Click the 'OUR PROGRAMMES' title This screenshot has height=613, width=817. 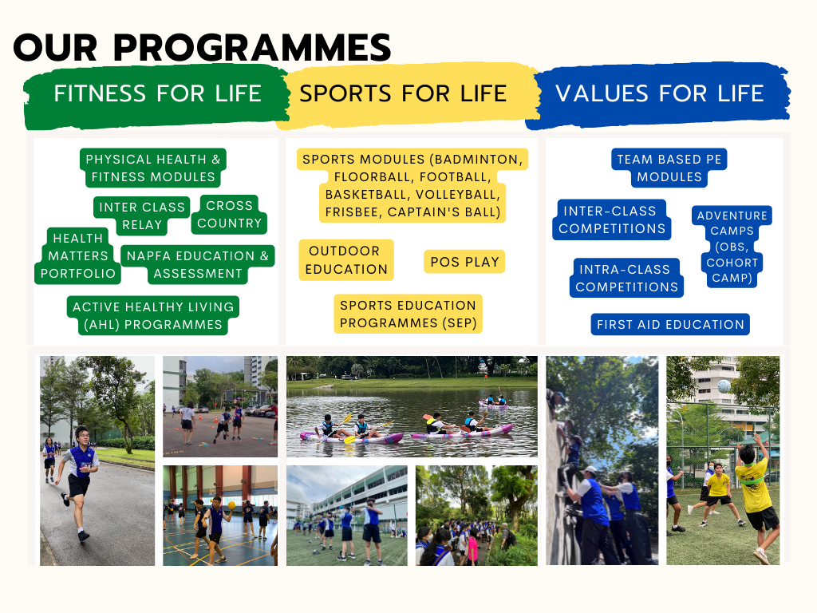click(x=202, y=47)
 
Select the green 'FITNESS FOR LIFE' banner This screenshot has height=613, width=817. click(x=157, y=97)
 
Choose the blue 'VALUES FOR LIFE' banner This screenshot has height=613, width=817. click(x=659, y=94)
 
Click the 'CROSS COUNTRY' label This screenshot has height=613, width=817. click(x=229, y=214)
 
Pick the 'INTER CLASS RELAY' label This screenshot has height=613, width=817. click(x=142, y=216)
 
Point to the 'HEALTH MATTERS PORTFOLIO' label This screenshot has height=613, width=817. click(x=77, y=255)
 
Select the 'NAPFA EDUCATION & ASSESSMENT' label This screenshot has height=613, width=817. click(x=198, y=264)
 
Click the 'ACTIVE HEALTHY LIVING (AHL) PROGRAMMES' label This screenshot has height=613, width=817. click(x=153, y=315)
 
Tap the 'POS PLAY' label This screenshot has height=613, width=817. click(x=464, y=262)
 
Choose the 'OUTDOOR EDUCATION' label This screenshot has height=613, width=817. click(x=346, y=260)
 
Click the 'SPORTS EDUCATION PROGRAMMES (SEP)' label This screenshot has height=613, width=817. click(x=408, y=314)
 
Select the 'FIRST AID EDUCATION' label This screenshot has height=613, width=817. click(x=670, y=324)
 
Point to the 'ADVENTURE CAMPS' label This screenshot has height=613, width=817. click(x=732, y=246)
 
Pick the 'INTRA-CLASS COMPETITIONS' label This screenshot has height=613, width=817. click(x=626, y=278)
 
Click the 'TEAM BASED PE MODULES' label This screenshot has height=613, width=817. click(x=669, y=168)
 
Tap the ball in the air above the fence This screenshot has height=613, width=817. click(x=724, y=386)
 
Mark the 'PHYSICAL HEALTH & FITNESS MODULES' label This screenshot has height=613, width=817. click(x=152, y=168)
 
